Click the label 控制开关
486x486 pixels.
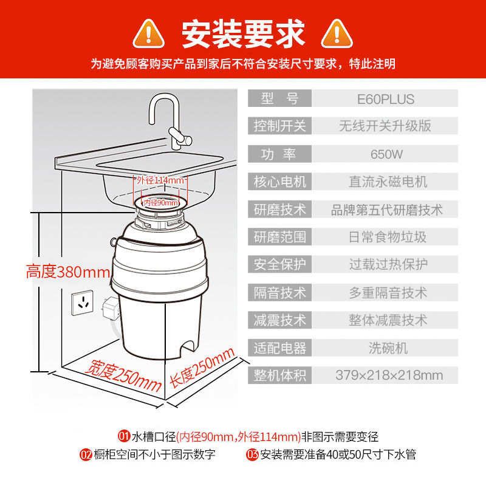[280, 126]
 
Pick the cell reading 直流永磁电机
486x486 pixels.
[388, 182]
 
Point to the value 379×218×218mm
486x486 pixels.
[389, 375]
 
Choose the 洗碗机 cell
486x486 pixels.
[388, 347]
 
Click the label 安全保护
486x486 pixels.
[280, 264]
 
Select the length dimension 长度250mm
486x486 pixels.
[201, 368]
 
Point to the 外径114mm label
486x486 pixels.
[160, 180]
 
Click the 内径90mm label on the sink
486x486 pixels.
[161, 202]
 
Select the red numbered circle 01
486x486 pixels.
[123, 436]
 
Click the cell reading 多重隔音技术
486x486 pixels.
[388, 292]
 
